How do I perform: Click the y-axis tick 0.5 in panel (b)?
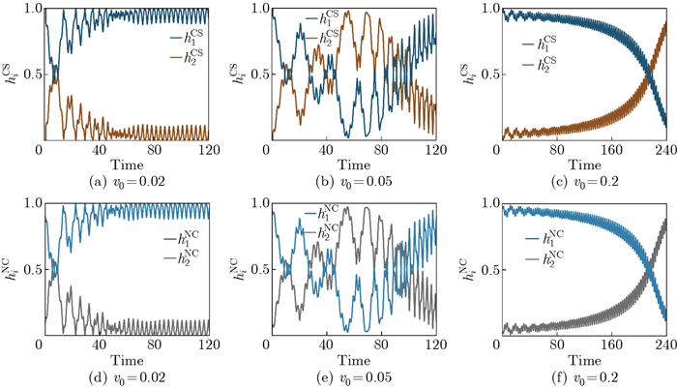pyautogui.click(x=252, y=75)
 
